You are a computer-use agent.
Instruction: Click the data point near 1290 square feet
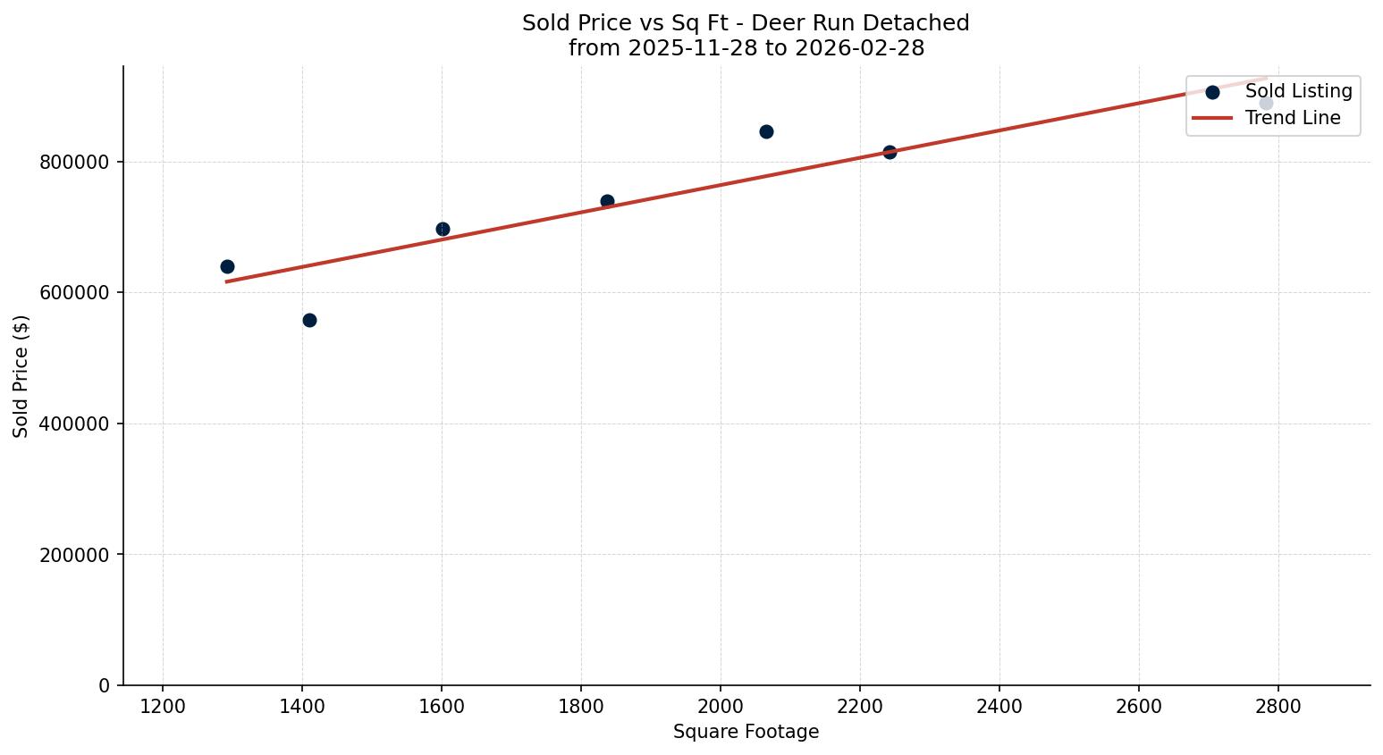coord(227,266)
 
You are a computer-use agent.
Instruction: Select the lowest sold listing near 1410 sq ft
coord(309,320)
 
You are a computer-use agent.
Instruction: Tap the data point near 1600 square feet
coord(443,229)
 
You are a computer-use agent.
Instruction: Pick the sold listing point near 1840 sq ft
coord(607,201)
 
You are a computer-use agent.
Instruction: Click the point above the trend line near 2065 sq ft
coord(766,131)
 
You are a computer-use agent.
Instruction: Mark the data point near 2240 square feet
coord(890,152)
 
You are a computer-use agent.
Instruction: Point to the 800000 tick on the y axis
coord(74,163)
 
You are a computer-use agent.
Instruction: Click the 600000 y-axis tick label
coord(74,293)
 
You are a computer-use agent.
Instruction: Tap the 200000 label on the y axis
coord(74,555)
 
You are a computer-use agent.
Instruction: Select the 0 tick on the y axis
coord(105,685)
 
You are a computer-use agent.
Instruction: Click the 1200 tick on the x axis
coord(163,707)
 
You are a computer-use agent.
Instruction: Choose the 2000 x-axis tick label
coord(721,707)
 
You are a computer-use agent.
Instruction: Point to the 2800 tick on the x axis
coord(1278,707)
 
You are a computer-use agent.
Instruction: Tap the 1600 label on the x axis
coord(442,707)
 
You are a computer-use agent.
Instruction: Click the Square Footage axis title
coord(746,732)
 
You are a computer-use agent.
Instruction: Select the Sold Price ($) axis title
coord(21,376)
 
